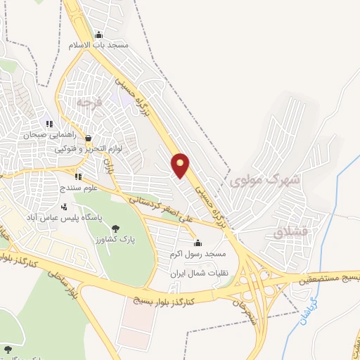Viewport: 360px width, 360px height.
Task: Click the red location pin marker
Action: [181, 166]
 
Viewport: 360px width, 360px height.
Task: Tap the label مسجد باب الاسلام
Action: [98, 45]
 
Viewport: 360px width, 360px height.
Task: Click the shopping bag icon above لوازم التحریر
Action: [88, 138]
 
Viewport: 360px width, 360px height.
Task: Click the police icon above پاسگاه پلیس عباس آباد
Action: [65, 207]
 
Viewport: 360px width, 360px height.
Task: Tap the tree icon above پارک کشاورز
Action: [116, 228]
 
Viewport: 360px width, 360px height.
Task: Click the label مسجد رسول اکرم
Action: [197, 253]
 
